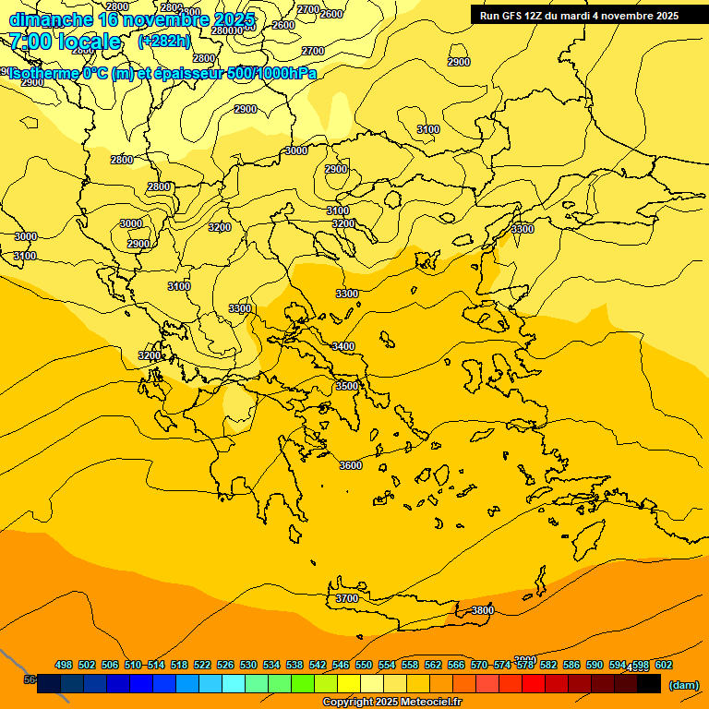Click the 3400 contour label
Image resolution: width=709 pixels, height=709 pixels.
pyautogui.click(x=342, y=346)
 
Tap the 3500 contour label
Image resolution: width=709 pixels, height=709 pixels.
pyautogui.click(x=347, y=386)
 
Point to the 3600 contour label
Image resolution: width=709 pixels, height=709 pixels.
pyautogui.click(x=351, y=465)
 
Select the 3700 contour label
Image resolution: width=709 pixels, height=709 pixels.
pyautogui.click(x=346, y=598)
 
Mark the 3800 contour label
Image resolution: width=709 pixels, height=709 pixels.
pyautogui.click(x=482, y=610)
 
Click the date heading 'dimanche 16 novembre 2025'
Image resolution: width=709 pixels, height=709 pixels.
pyautogui.click(x=130, y=18)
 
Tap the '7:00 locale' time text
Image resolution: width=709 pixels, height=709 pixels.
pyautogui.click(x=65, y=42)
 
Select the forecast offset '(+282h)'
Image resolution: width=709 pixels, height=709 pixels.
pyautogui.click(x=164, y=42)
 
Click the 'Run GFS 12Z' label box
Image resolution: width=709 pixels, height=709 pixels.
pyautogui.click(x=579, y=15)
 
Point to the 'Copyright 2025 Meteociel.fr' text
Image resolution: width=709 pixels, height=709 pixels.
pyautogui.click(x=391, y=703)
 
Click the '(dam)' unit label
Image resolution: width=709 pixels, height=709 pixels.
pyautogui.click(x=683, y=684)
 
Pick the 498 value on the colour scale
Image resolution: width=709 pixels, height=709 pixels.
pyautogui.click(x=64, y=665)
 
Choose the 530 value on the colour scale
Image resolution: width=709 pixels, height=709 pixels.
pyautogui.click(x=248, y=665)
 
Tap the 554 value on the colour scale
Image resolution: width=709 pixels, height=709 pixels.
pyautogui.click(x=387, y=665)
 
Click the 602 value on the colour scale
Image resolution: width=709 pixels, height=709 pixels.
pyautogui.click(x=664, y=665)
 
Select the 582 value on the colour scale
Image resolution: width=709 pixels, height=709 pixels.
pyautogui.click(x=548, y=665)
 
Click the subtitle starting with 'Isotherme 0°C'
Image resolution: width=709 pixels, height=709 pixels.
pyautogui.click(x=162, y=73)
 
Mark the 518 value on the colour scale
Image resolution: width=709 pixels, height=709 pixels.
pyautogui.click(x=179, y=665)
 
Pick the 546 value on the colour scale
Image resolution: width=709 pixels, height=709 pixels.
pyautogui.click(x=341, y=665)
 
